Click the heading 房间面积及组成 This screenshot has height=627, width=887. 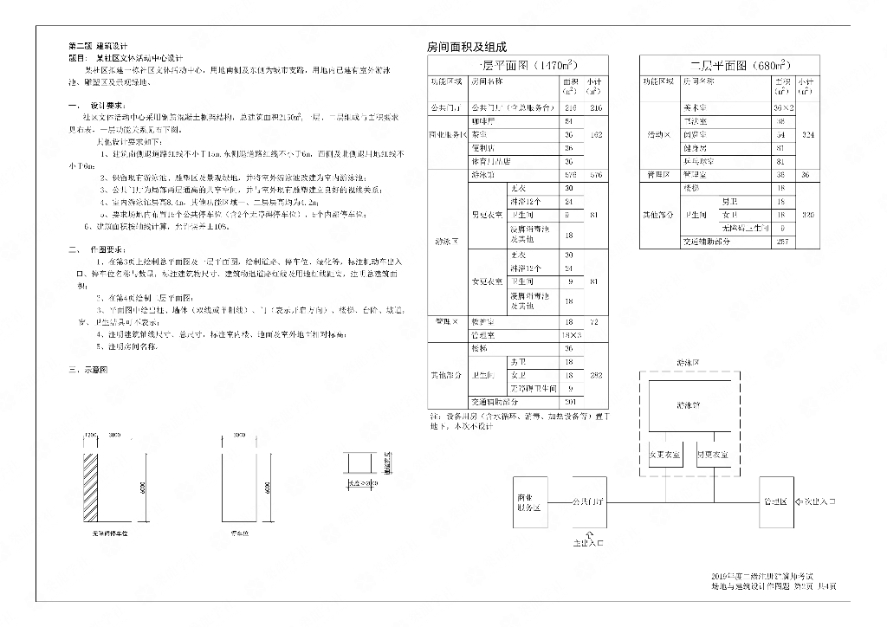click(x=467, y=47)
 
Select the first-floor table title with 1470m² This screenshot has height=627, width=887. click(x=518, y=65)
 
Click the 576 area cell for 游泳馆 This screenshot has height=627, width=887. click(x=569, y=175)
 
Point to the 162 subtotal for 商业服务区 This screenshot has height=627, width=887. click(x=595, y=135)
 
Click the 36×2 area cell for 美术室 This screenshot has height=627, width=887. click(x=782, y=107)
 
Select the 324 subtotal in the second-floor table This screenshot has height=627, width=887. click(x=807, y=135)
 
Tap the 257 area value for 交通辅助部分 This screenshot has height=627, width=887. click(x=782, y=242)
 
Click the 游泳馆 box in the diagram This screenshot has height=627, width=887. click(x=690, y=404)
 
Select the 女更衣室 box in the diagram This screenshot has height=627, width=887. click(x=664, y=454)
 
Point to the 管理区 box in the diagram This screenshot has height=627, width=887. click(x=774, y=501)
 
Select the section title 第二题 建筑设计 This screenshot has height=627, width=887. click(x=98, y=45)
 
